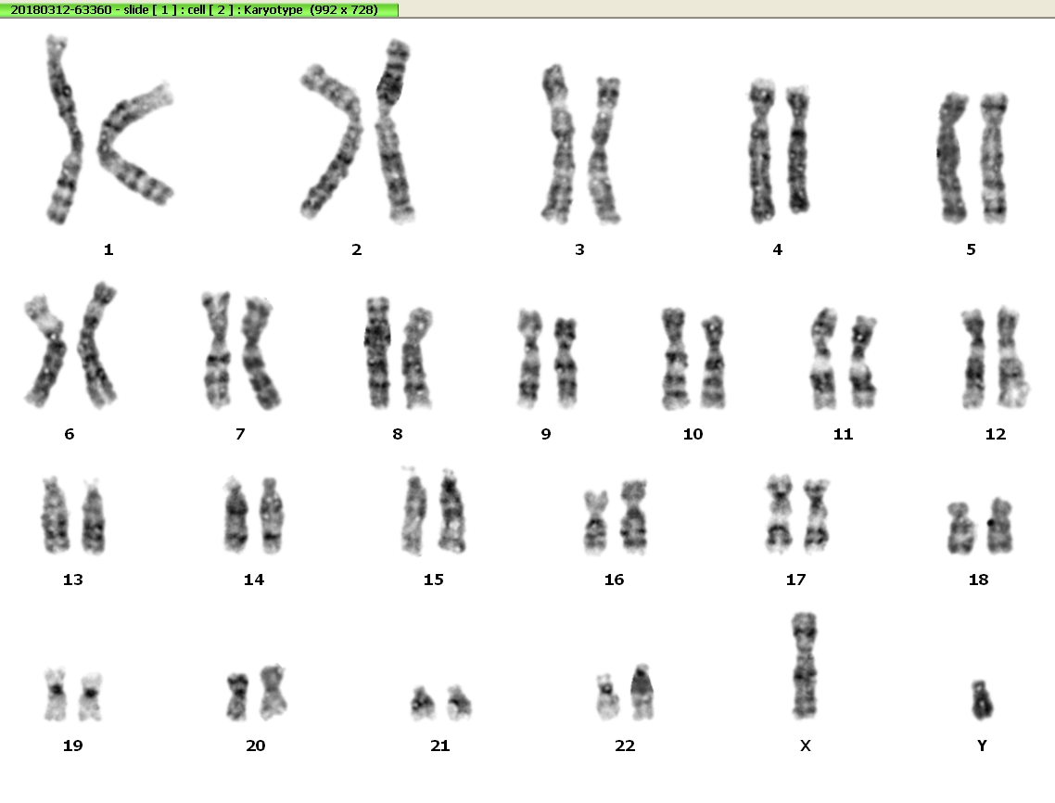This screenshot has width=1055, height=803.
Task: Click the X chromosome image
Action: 804,666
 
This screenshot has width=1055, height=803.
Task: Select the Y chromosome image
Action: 982,700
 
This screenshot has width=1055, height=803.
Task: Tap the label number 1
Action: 108,249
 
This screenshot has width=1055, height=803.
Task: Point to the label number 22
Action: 625,746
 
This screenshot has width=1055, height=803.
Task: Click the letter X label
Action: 806,746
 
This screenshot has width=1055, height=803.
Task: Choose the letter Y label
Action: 982,746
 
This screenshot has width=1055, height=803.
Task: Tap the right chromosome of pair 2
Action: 396,132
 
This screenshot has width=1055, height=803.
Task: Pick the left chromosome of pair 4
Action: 762,151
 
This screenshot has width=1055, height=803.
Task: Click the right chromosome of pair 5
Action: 994,159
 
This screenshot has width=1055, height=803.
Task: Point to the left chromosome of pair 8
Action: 377,352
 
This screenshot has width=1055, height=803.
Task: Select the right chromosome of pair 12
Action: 1011,357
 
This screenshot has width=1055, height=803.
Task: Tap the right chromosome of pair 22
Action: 642,692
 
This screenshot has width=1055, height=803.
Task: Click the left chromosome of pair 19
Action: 56,695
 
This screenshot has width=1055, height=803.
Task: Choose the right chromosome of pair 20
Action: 273,692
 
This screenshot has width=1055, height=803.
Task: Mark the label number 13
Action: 72,580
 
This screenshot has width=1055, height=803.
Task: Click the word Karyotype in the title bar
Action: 273,10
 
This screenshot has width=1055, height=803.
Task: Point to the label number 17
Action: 795,580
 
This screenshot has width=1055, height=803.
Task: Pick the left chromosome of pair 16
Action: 595,522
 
